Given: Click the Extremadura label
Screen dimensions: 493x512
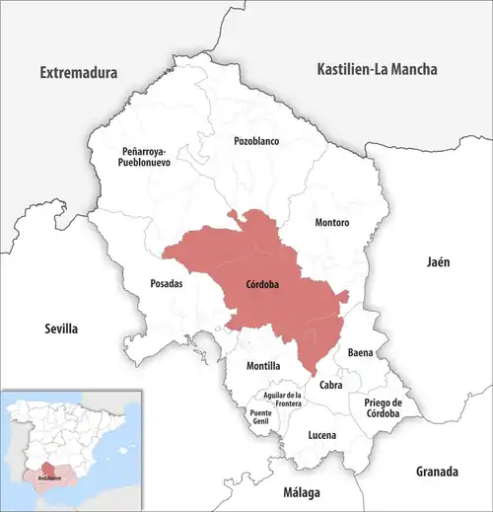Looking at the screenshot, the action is [78, 73].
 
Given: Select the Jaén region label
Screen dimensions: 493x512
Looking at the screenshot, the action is [437, 262].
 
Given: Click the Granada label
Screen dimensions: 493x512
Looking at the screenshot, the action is [438, 470].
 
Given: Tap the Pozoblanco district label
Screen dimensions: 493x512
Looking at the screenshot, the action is [256, 141].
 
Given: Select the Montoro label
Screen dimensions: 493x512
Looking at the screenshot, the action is [331, 223].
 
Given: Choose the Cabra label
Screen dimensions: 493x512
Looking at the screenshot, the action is [330, 385].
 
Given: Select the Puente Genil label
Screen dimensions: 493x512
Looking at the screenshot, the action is [260, 417].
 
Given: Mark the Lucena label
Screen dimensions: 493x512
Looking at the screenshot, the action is [321, 435].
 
